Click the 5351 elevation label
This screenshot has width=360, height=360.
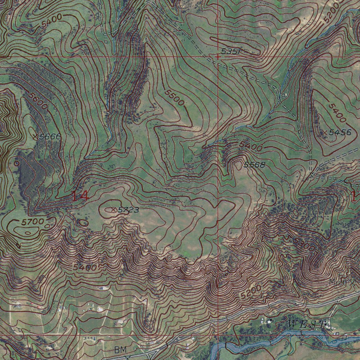pyautogui.click(x=231, y=52)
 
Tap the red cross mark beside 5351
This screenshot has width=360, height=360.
pyautogui.click(x=218, y=56)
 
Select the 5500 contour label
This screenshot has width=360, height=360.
pyautogui.click(x=174, y=98)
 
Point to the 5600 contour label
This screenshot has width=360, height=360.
pyautogui.click(x=38, y=101)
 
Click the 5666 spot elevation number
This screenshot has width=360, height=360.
pyautogui.click(x=50, y=136)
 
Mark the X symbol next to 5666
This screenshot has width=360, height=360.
pyautogui.click(x=36, y=137)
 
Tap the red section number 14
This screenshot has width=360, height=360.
pyautogui.click(x=80, y=196)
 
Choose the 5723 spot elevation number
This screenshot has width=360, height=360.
pyautogui.click(x=128, y=210)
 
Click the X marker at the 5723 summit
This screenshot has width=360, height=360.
pyautogui.click(x=113, y=210)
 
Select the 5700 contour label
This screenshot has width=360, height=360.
pyautogui.click(x=32, y=222)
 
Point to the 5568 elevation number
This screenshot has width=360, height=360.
pyautogui.click(x=254, y=165)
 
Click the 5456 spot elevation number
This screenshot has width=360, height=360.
pyautogui.click(x=340, y=132)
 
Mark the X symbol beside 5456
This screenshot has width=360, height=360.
pyautogui.click(x=325, y=133)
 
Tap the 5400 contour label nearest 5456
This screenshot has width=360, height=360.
pyautogui.click(x=337, y=113)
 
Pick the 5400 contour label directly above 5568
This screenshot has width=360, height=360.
pyautogui.click(x=251, y=146)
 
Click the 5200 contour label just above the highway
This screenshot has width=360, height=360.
pyautogui.click(x=251, y=292)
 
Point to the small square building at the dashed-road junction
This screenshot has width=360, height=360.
pyautogui.click(x=283, y=95)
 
